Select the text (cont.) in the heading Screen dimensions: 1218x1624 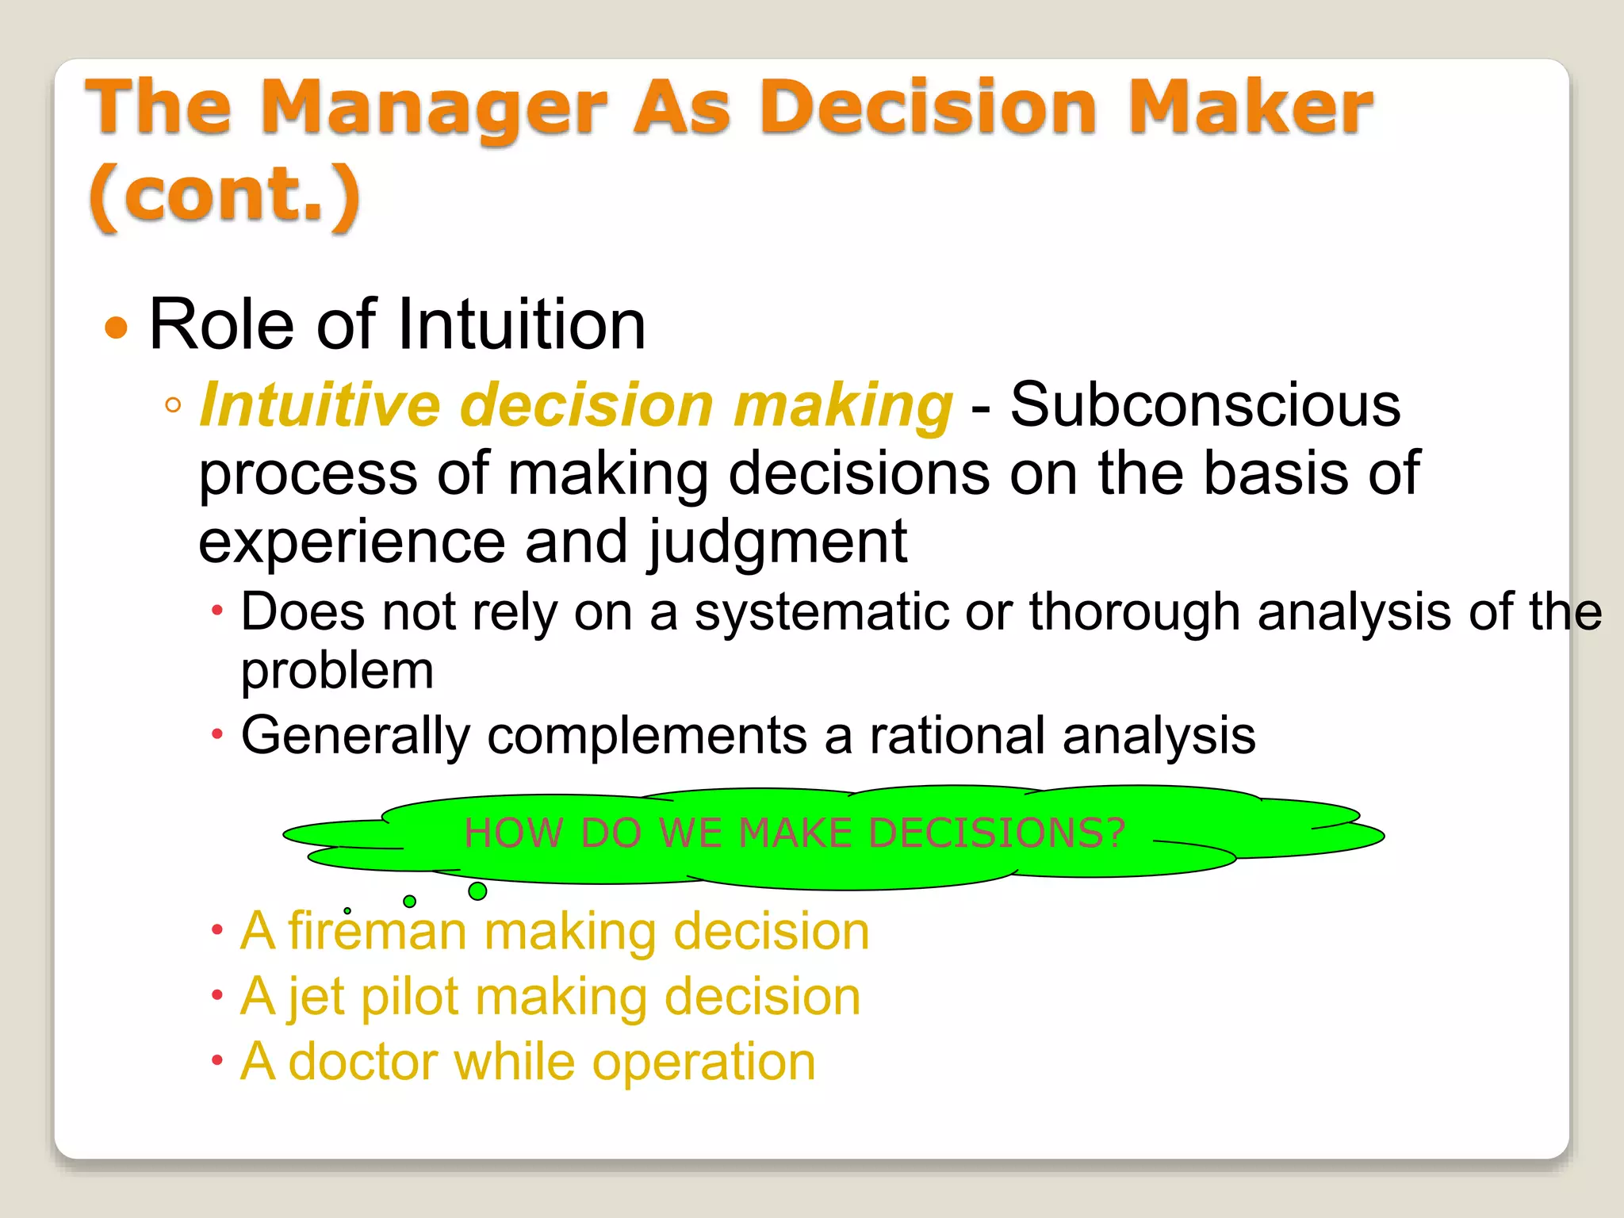click(x=225, y=196)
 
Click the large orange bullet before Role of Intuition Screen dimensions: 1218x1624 click(x=117, y=327)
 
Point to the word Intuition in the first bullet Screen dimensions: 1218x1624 click(x=521, y=324)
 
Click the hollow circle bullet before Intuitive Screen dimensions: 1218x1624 click(x=173, y=406)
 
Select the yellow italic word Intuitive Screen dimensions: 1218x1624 click(x=320, y=404)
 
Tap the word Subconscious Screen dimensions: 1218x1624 click(x=1205, y=404)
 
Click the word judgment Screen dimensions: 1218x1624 click(x=778, y=542)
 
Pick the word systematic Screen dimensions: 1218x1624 click(x=822, y=612)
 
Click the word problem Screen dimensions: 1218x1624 click(x=337, y=671)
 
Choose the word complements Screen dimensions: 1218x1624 click(x=647, y=735)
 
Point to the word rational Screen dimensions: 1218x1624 click(x=957, y=735)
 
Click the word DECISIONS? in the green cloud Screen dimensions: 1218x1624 click(x=996, y=833)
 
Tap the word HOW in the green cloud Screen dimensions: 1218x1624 click(x=513, y=833)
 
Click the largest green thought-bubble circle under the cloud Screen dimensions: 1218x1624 click(x=477, y=891)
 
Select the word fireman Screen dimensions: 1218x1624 click(x=377, y=931)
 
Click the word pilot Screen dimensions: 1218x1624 click(x=409, y=997)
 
